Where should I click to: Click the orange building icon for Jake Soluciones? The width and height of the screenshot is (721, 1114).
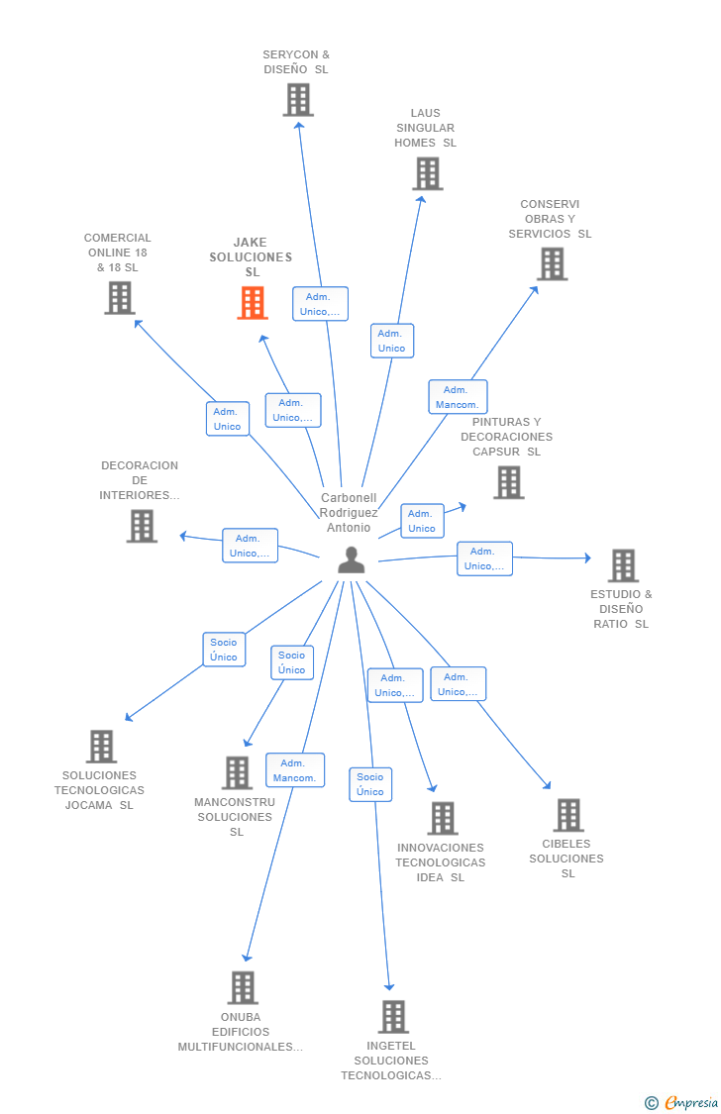click(x=253, y=303)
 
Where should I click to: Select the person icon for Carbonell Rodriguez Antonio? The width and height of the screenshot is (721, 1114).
click(x=351, y=559)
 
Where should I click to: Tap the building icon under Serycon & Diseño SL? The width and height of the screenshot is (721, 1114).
click(x=298, y=99)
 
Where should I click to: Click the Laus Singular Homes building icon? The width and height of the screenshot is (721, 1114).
click(x=428, y=173)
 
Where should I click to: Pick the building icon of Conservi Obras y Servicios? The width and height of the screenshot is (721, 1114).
click(x=552, y=263)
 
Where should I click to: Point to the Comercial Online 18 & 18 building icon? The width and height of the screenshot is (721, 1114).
click(x=120, y=298)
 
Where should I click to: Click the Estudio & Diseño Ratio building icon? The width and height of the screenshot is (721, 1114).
click(x=623, y=565)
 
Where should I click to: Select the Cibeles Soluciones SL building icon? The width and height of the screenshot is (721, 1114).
click(x=569, y=815)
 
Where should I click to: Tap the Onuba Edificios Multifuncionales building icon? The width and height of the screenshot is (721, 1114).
click(x=243, y=987)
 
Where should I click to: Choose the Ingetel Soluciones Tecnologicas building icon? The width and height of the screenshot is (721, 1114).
click(x=393, y=1016)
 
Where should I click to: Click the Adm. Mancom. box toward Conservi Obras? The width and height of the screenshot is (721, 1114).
click(x=458, y=397)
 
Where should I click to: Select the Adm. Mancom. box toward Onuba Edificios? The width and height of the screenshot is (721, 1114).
click(x=295, y=770)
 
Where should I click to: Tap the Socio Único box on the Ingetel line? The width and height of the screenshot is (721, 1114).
click(x=370, y=784)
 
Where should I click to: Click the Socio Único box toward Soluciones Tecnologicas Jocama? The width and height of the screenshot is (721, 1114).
click(x=224, y=650)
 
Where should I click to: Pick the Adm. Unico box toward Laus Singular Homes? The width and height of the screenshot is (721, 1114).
click(x=391, y=341)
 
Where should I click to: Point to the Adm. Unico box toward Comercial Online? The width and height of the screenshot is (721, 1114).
click(x=228, y=419)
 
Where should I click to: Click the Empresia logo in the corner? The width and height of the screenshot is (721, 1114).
click(x=681, y=1103)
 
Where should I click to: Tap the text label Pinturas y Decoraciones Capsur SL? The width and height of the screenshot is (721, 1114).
click(x=506, y=437)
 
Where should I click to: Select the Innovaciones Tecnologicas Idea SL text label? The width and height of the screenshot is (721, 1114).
click(x=441, y=861)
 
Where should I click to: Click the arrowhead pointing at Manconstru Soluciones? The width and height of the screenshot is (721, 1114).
click(x=248, y=743)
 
